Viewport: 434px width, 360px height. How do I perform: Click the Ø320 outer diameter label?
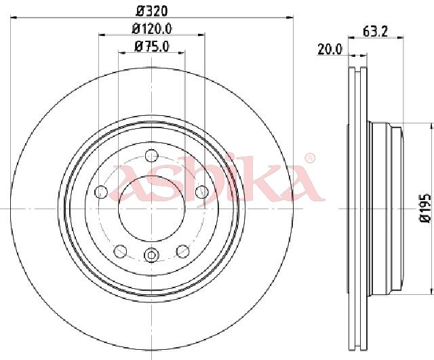152,11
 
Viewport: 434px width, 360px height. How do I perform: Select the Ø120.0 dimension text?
152,28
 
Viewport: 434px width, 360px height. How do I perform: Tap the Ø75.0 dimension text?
152,47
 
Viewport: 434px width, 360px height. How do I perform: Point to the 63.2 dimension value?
375,32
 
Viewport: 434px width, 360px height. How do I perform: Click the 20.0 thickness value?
330,49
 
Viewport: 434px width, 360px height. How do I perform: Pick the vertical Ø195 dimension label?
425,208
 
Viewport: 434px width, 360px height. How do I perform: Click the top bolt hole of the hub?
151,155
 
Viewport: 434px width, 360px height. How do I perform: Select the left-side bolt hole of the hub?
101,192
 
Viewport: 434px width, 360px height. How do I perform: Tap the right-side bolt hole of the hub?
202,192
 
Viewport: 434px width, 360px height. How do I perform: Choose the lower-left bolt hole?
121,252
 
